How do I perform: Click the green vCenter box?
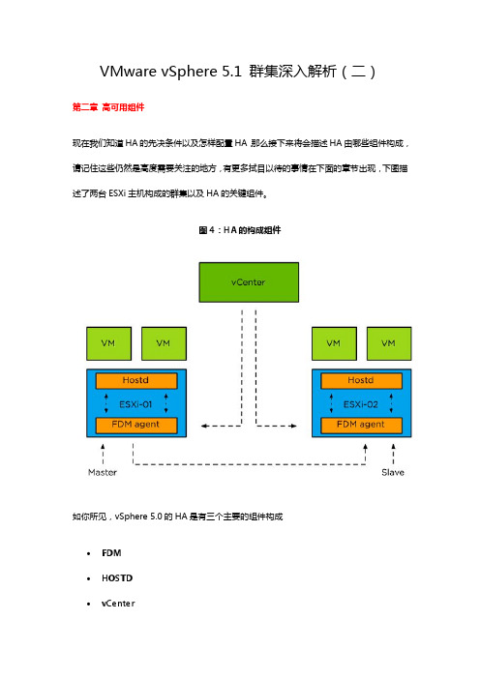(x=249, y=282)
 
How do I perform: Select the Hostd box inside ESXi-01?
(x=136, y=381)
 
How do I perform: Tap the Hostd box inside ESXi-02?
(x=361, y=381)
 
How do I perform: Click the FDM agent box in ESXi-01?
(x=136, y=425)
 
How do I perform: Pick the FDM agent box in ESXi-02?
(x=361, y=425)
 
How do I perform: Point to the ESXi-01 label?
(x=135, y=404)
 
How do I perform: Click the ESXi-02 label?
(x=360, y=404)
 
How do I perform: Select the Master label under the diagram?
(x=103, y=472)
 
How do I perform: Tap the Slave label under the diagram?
(x=393, y=472)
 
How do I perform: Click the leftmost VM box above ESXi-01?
(x=108, y=343)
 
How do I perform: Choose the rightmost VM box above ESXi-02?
(x=389, y=343)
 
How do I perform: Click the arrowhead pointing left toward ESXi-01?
(x=204, y=427)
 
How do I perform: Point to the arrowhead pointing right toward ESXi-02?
(x=293, y=427)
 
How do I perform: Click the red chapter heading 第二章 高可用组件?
(x=108, y=107)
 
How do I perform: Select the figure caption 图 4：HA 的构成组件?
(x=240, y=230)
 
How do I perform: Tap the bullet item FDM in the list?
(x=111, y=553)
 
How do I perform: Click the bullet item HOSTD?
(x=117, y=578)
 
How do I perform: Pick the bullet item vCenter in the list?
(x=118, y=604)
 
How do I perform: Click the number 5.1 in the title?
(x=231, y=72)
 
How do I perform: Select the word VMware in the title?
(x=129, y=72)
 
